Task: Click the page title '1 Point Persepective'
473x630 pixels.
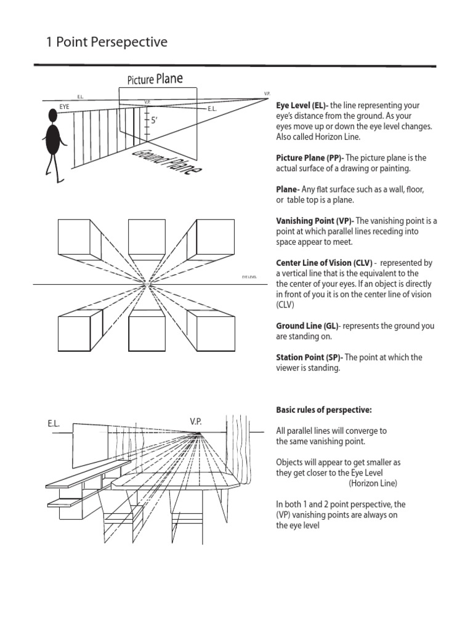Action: click(107, 42)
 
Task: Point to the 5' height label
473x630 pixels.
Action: click(154, 121)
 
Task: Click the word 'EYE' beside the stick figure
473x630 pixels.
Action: click(65, 107)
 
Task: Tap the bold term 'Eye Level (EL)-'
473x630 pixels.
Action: click(302, 106)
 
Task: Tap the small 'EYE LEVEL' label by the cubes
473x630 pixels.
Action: click(249, 278)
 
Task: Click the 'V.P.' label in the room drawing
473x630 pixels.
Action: click(196, 421)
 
